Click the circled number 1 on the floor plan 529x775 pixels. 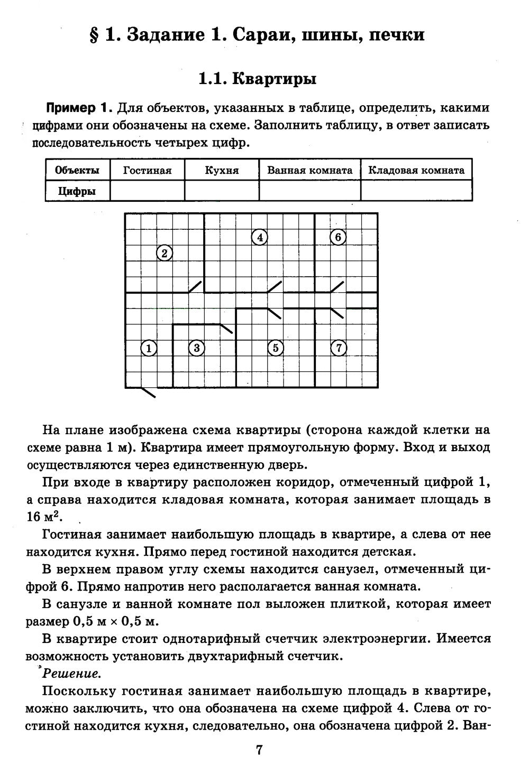(149, 348)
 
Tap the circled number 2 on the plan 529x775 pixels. (165, 254)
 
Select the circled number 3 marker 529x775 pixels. (196, 348)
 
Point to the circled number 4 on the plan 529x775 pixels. (260, 238)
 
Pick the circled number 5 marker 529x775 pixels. (276, 348)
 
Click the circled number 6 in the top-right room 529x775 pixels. (338, 238)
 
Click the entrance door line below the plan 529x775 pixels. (147, 392)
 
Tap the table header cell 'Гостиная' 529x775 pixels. (147, 170)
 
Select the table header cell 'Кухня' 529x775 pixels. (222, 170)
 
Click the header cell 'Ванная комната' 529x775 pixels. (309, 170)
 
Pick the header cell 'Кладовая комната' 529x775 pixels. (416, 170)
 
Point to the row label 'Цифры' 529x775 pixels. (77, 191)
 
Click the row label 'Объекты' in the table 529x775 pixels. (77, 170)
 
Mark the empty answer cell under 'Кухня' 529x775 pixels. (222, 191)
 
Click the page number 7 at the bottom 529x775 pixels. (259, 750)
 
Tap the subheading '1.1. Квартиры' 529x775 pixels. (257, 79)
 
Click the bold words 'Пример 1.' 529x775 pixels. (79, 108)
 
